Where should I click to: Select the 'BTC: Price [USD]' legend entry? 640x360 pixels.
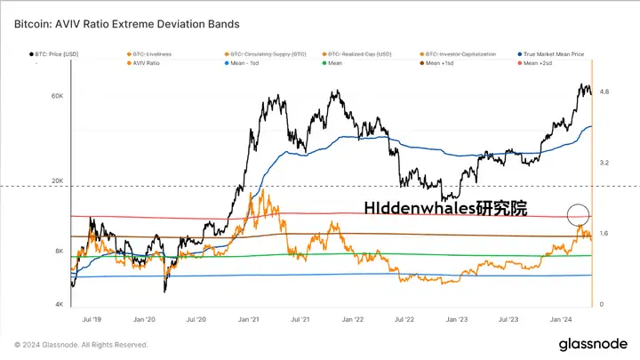coord(60,54)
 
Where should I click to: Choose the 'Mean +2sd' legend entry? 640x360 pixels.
coord(548,64)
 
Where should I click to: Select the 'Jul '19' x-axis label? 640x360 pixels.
coord(91,317)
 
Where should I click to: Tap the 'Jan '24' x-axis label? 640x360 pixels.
coord(560,317)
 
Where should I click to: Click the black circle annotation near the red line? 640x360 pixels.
coord(578,213)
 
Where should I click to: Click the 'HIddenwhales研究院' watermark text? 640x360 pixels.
coord(445,209)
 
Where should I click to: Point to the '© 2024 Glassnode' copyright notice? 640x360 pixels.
coord(81,345)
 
